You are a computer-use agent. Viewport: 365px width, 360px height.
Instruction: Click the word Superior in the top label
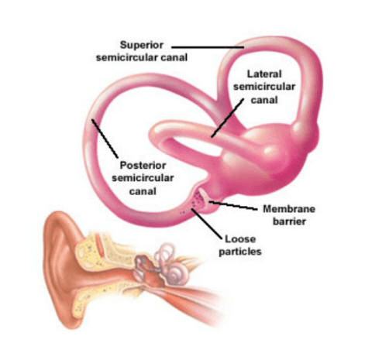pos(142,46)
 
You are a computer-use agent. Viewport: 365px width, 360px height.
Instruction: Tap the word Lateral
pos(264,74)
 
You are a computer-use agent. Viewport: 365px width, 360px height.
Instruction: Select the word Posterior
pos(143,165)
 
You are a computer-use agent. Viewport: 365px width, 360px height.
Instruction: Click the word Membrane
pos(289,209)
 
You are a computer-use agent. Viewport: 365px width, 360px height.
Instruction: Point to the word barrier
pos(289,221)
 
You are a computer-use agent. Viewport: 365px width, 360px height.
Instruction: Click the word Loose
pos(240,239)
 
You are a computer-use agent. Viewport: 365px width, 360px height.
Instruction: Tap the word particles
pos(240,252)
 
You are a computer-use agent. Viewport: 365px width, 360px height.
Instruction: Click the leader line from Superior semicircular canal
pos(208,47)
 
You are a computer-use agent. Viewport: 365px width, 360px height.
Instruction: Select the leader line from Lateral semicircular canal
pos(227,118)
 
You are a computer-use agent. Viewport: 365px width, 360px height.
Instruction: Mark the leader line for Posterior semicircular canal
pos(105,139)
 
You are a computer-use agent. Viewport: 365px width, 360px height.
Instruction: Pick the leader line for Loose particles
pos(206,224)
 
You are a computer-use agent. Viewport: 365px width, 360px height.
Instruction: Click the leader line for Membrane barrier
pos(233,206)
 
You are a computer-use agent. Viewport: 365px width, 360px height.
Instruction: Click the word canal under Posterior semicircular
pos(143,191)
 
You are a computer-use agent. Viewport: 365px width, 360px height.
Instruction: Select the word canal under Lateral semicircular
pos(264,100)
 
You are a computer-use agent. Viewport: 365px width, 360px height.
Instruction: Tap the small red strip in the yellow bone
pos(99,245)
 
